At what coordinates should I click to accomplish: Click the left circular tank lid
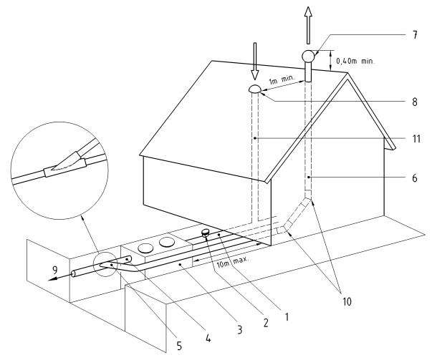[x=146, y=248]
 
